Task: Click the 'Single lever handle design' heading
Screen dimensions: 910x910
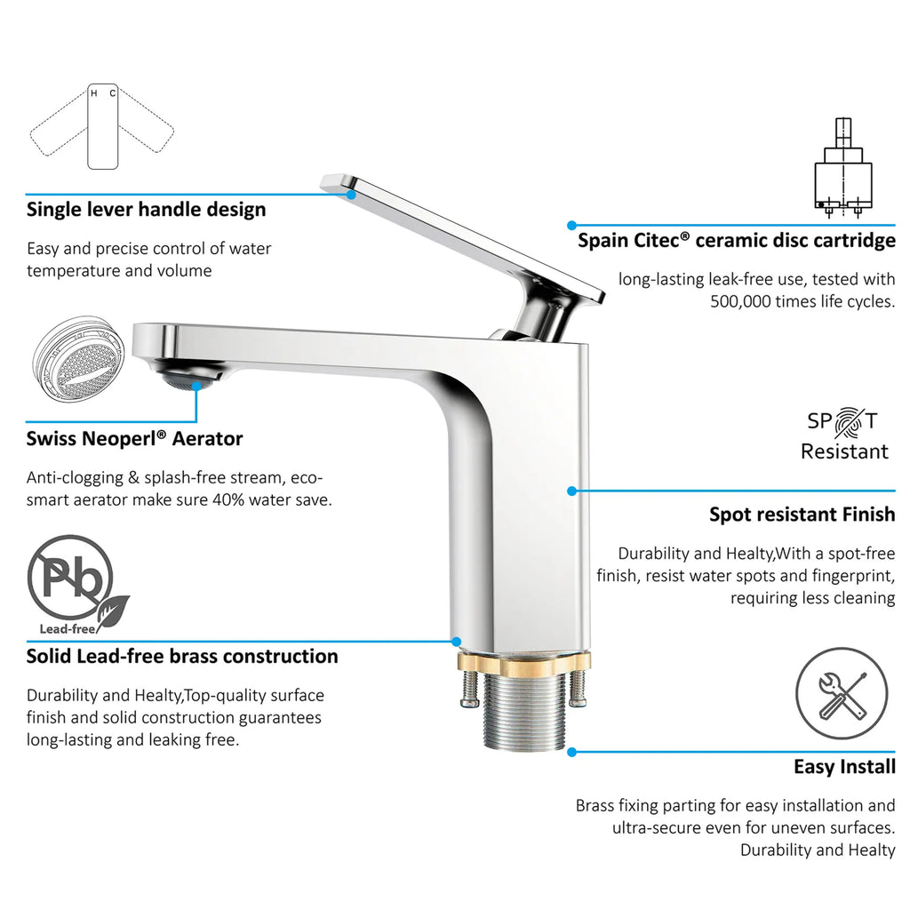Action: coord(147,210)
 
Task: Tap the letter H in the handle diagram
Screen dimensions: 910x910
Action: coord(94,93)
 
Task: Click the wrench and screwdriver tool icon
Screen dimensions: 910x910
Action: coord(842,693)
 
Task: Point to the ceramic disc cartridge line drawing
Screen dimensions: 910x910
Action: coord(842,168)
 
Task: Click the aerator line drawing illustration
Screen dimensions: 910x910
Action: coord(78,360)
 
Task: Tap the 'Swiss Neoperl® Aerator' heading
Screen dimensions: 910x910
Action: coord(135,439)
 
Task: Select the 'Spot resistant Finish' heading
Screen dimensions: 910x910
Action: coord(802,515)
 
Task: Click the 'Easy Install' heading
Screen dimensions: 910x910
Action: coord(844,767)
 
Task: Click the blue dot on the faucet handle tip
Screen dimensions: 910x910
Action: coord(351,195)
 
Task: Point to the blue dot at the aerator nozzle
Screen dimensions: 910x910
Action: coord(197,386)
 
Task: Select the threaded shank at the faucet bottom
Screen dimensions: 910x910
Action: coord(524,710)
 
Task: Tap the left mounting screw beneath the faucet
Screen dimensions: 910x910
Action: coord(469,689)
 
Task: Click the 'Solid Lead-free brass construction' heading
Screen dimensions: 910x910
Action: coord(182,657)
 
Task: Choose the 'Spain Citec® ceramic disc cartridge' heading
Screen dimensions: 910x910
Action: coord(737,240)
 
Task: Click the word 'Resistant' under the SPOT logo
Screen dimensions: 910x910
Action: coord(844,451)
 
